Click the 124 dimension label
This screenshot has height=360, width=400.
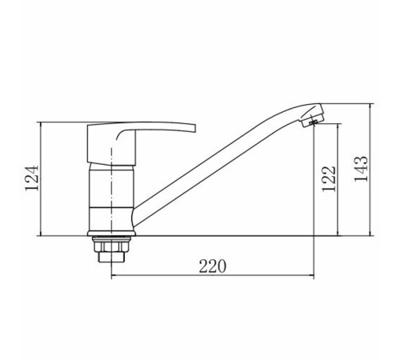click(x=32, y=178)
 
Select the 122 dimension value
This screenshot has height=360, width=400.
click(x=329, y=178)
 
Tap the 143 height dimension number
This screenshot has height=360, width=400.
click(x=361, y=168)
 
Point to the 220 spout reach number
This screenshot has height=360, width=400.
click(x=213, y=266)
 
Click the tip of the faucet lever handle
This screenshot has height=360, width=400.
click(x=194, y=128)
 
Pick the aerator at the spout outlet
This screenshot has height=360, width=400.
click(x=313, y=119)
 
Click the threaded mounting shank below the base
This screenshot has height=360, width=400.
click(x=111, y=257)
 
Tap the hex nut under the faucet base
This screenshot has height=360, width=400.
click(x=111, y=246)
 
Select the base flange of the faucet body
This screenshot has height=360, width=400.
click(x=111, y=234)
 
